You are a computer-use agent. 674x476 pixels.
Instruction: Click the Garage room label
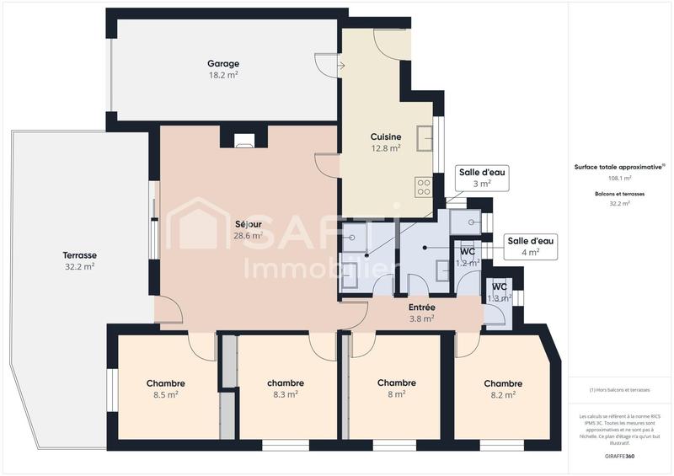click(223, 63)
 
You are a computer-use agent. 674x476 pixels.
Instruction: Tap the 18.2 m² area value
click(223, 75)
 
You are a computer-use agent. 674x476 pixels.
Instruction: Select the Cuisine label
click(385, 136)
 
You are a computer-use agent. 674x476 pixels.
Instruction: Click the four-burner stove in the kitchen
click(424, 186)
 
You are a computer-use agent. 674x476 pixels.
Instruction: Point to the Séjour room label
click(249, 224)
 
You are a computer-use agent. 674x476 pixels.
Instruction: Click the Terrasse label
click(79, 255)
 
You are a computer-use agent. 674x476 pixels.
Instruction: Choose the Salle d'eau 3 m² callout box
click(481, 178)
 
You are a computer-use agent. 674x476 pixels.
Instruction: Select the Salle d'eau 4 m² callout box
click(530, 246)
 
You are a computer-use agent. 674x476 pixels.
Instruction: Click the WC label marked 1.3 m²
click(500, 286)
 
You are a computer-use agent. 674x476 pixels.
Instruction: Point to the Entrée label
click(421, 308)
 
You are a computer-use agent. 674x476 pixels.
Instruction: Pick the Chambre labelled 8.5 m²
click(165, 383)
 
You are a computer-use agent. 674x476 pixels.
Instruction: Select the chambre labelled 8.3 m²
click(286, 383)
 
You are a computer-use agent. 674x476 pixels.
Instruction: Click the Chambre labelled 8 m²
click(396, 383)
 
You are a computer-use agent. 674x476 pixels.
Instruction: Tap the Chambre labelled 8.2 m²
click(503, 383)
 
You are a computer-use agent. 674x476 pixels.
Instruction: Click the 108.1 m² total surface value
click(619, 179)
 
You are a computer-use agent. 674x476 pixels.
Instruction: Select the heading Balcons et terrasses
click(619, 194)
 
